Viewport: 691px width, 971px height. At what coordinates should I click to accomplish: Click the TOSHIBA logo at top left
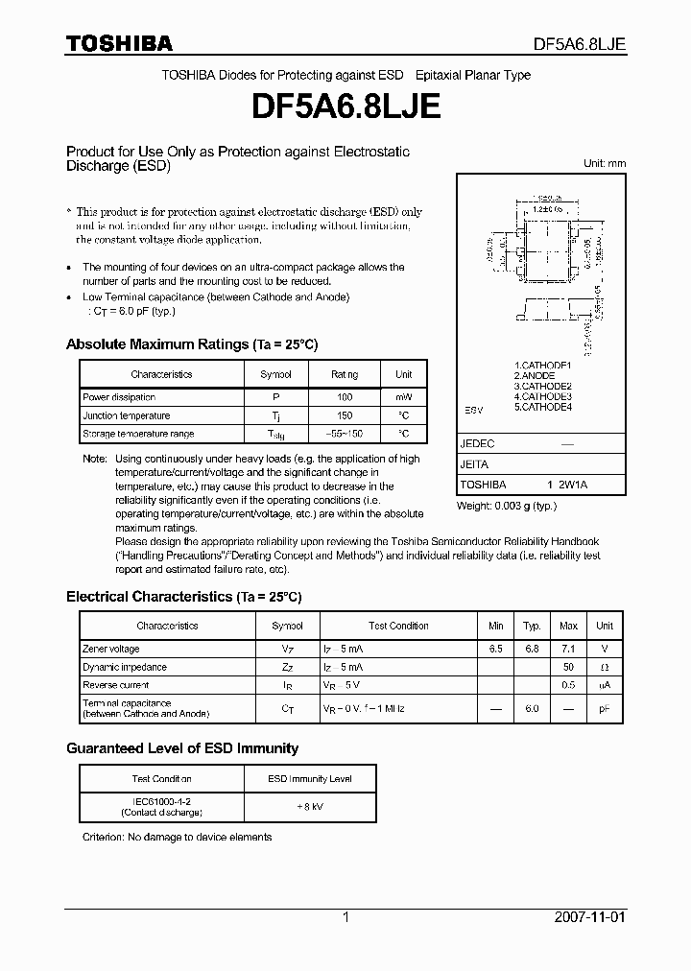119,43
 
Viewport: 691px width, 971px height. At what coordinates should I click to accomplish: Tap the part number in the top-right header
581,44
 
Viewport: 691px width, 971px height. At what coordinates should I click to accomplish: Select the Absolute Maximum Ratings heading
191,344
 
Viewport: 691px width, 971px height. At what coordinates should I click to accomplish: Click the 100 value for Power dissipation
345,397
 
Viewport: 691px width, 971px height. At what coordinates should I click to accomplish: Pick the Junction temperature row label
127,415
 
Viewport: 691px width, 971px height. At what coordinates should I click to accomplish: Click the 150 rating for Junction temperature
345,415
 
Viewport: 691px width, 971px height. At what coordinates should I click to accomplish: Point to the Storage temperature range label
138,435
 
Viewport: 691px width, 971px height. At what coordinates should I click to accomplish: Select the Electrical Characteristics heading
183,597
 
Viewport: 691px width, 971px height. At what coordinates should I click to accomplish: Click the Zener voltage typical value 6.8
531,649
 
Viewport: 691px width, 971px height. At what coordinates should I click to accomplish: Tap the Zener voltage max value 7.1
568,649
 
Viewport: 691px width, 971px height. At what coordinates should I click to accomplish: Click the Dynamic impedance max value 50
568,667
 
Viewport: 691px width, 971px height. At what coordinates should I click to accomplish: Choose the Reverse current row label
116,685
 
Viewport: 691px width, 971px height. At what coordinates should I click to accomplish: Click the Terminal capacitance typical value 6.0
531,708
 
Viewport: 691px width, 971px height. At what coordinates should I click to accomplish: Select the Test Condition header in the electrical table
398,626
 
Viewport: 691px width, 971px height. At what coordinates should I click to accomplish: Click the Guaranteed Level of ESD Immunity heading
182,748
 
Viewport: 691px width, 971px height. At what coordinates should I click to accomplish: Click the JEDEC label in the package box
477,444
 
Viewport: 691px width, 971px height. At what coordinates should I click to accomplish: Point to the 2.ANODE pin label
536,375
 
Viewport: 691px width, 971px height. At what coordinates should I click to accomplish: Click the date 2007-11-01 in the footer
590,917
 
